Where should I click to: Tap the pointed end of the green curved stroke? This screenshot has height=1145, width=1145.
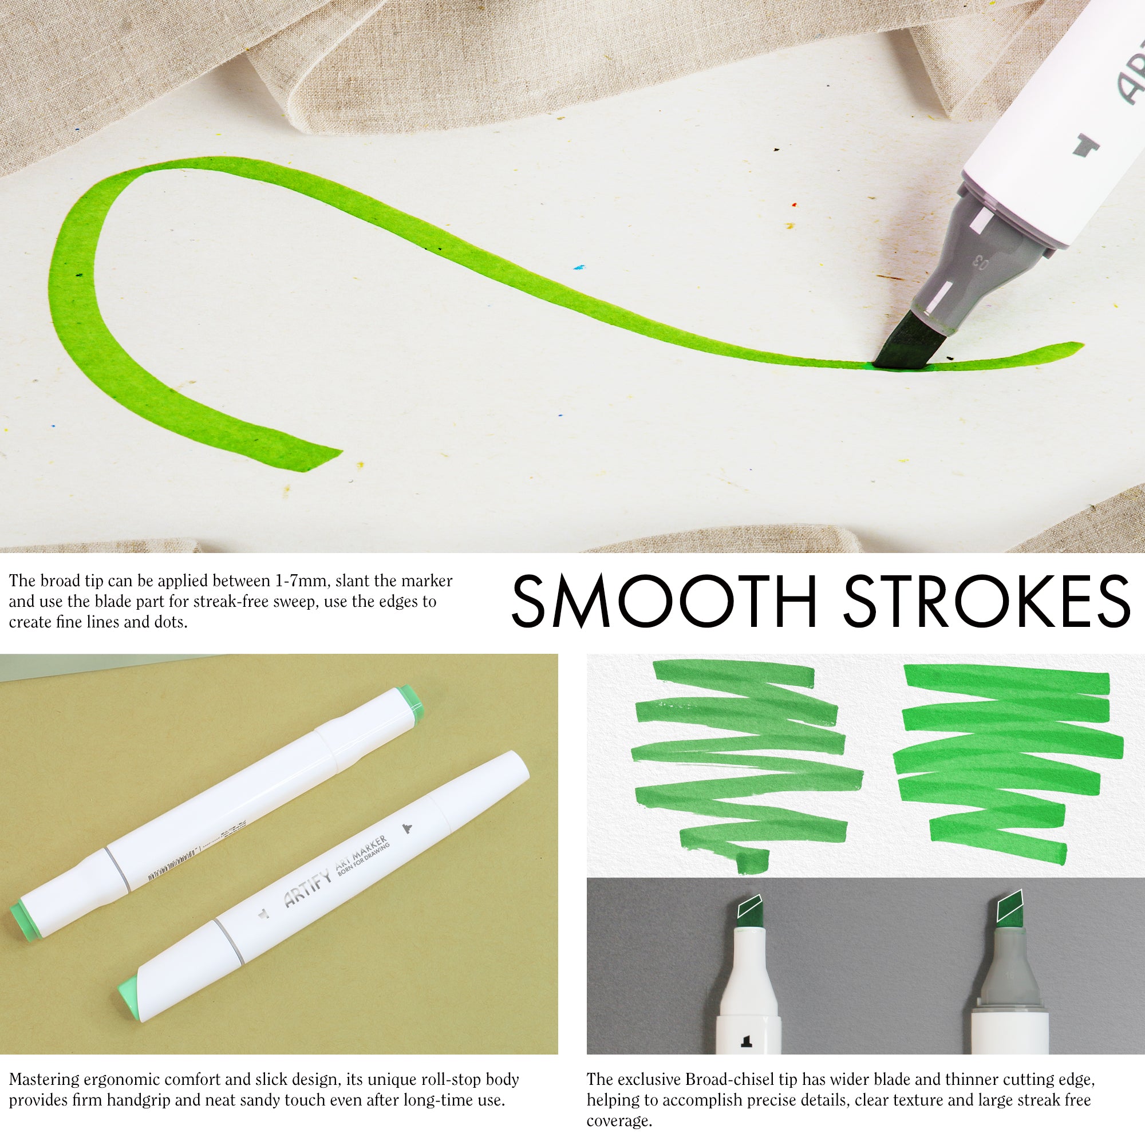click(1070, 346)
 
